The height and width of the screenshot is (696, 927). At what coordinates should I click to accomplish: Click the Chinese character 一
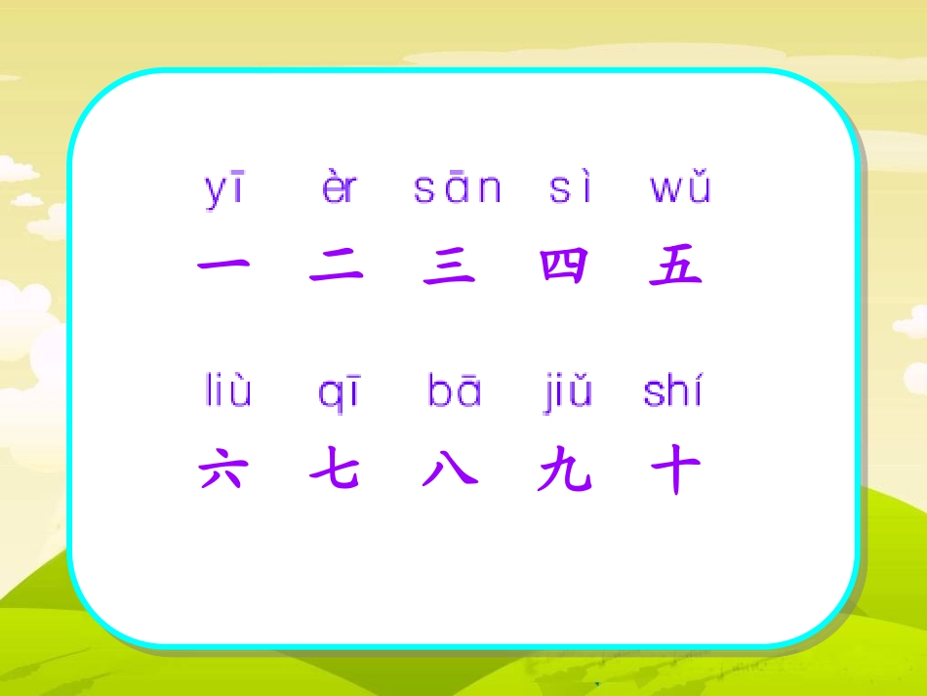tap(223, 265)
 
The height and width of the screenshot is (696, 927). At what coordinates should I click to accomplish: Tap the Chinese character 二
tap(337, 266)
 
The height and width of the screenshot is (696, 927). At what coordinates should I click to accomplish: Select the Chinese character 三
tap(450, 266)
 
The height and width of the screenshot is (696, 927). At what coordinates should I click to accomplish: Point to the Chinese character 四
tap(565, 266)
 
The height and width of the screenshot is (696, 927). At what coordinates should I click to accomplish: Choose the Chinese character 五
tap(676, 266)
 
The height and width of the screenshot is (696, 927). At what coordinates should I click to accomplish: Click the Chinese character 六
tap(223, 472)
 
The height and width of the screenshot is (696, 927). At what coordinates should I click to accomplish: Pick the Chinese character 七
tap(336, 472)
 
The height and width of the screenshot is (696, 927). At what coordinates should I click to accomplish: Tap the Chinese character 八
tap(450, 472)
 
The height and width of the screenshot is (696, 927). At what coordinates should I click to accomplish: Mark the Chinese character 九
tap(565, 472)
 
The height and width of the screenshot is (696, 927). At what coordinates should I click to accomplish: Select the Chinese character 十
tap(676, 472)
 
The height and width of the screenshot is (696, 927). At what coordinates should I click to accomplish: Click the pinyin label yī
tap(224, 188)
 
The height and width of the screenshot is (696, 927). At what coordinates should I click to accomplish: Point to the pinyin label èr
tap(340, 187)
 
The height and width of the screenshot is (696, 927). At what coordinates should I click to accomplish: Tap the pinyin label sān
tap(457, 187)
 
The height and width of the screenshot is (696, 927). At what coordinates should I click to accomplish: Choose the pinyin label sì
tap(571, 187)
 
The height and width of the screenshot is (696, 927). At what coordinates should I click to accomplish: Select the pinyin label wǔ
tap(680, 187)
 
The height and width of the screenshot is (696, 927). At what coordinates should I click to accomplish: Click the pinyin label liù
tap(228, 391)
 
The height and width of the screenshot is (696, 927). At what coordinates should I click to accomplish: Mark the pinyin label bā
tap(455, 391)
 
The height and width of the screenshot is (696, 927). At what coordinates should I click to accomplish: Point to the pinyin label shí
tap(673, 391)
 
